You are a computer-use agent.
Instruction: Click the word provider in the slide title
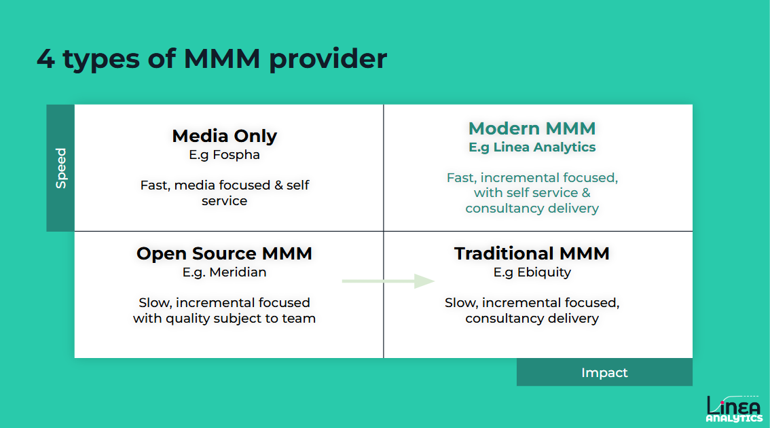coord(328,59)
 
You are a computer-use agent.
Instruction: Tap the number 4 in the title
coord(45,59)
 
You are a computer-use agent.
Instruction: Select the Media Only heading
coord(224,136)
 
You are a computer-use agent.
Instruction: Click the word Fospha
coord(236,155)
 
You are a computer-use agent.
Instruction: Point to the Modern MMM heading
coord(532,128)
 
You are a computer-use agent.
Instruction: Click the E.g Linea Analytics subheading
coord(532,147)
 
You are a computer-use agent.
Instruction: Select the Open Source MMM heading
coord(224,253)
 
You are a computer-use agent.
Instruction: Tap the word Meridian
coord(238,272)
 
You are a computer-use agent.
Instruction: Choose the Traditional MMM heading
coord(532,253)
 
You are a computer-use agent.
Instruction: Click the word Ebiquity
coord(542,272)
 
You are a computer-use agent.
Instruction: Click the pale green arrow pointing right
coord(388,281)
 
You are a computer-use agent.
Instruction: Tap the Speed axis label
coord(61,168)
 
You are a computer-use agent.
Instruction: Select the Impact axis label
coord(604,372)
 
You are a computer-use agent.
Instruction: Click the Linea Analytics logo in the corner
coord(733,408)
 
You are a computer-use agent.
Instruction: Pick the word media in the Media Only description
coord(195,185)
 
